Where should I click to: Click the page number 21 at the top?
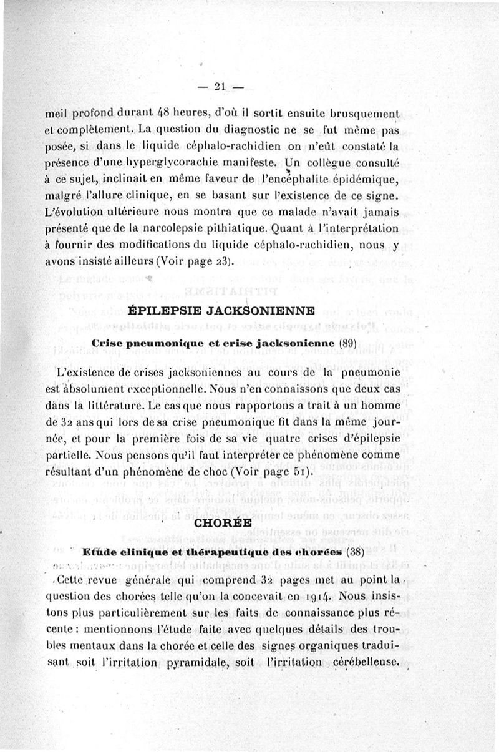(x=219, y=87)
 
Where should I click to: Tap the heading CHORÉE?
(x=224, y=523)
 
